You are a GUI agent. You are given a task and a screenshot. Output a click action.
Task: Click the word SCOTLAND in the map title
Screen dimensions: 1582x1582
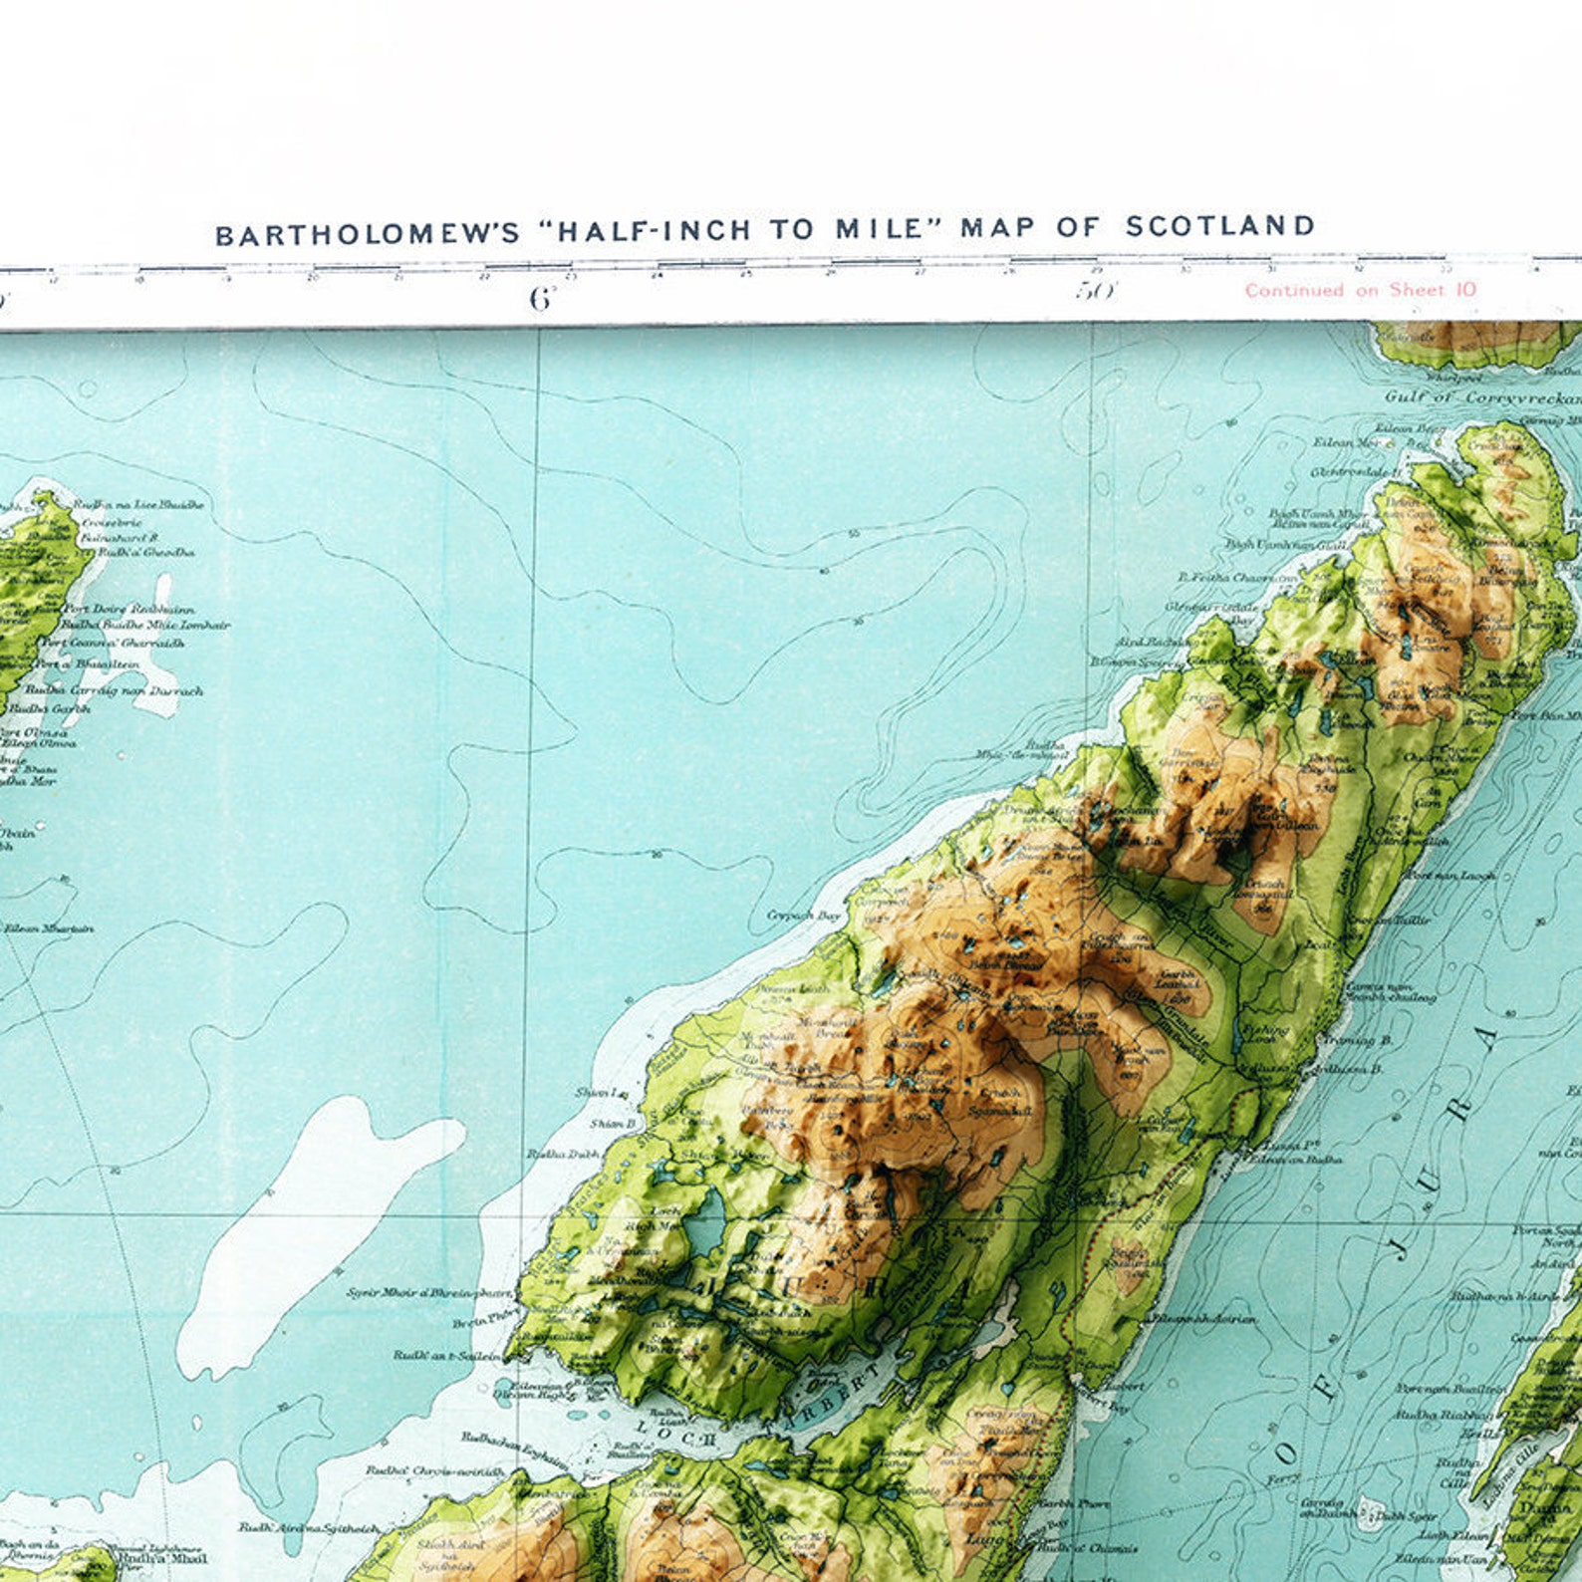coord(1219,227)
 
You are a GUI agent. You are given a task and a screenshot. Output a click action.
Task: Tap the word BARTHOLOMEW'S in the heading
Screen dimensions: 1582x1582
coord(368,235)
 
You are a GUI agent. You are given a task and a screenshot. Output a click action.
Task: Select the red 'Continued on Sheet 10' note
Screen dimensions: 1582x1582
coord(1360,290)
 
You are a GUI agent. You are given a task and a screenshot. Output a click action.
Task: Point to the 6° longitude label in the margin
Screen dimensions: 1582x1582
coord(541,298)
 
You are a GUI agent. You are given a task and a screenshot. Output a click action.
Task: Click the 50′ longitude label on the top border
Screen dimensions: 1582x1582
coord(1096,291)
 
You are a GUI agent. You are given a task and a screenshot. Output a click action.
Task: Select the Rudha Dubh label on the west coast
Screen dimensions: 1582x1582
coord(563,1154)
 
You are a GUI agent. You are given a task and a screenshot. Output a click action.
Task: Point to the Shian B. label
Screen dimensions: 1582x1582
coord(612,1124)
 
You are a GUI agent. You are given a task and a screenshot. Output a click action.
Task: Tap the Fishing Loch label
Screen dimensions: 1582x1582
coord(1266,1033)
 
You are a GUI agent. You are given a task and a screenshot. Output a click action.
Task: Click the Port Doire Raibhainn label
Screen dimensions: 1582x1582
coord(130,608)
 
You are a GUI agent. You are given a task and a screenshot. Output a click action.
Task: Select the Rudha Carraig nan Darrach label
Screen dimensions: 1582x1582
coord(114,689)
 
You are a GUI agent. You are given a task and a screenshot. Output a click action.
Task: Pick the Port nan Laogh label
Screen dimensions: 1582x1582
coord(1450,875)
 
